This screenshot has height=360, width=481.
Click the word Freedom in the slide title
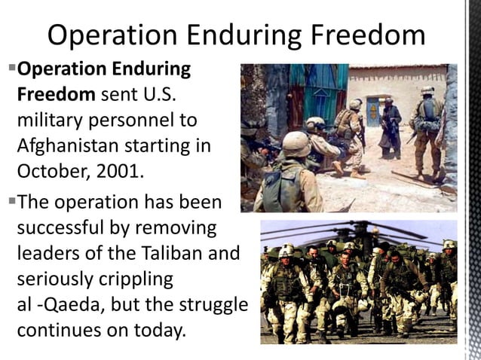click(x=369, y=35)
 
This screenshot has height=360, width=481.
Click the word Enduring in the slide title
click(x=253, y=35)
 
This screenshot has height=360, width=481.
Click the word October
click(x=52, y=170)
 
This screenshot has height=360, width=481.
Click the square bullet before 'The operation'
click(x=11, y=200)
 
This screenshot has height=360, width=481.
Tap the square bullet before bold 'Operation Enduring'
click(x=11, y=68)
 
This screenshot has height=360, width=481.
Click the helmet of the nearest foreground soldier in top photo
click(x=296, y=143)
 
